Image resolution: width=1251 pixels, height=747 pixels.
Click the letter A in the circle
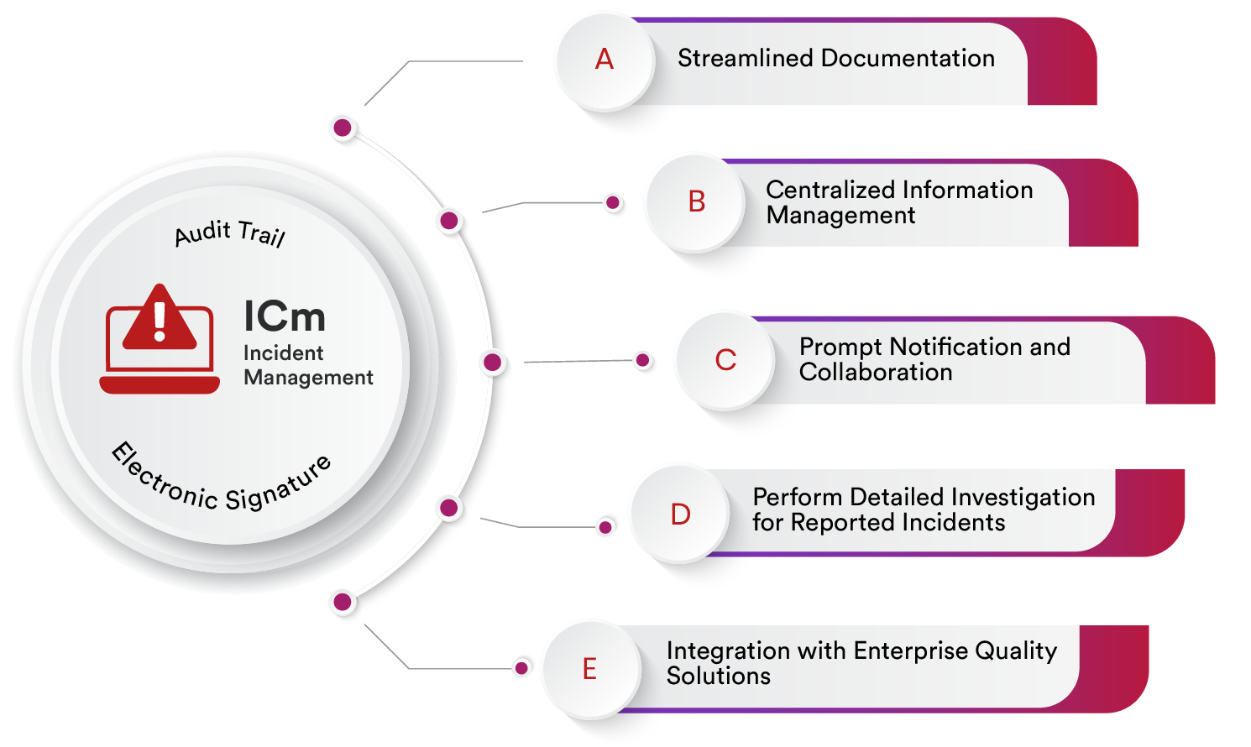click(x=605, y=60)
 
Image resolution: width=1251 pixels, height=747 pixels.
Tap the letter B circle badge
click(x=696, y=201)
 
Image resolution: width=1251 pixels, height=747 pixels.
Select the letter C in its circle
click(x=725, y=360)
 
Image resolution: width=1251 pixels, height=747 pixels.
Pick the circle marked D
click(x=680, y=514)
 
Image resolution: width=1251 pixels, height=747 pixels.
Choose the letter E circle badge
click(x=590, y=669)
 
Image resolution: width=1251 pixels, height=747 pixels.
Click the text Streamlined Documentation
click(x=835, y=58)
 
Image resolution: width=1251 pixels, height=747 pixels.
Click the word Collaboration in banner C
click(x=876, y=372)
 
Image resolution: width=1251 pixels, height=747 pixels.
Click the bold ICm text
click(x=284, y=317)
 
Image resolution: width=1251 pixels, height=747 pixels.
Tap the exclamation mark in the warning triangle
click(x=160, y=321)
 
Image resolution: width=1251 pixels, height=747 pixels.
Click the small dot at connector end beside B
click(x=613, y=202)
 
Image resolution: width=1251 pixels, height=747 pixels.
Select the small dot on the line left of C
click(x=642, y=360)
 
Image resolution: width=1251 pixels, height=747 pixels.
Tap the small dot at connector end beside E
click(x=521, y=668)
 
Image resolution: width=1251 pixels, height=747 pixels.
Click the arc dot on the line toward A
click(x=342, y=128)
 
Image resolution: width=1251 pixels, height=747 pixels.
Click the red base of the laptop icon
click(x=160, y=385)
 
